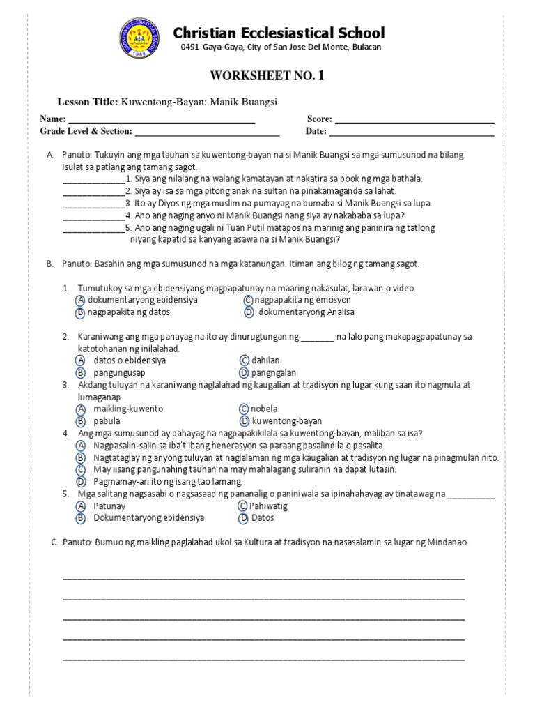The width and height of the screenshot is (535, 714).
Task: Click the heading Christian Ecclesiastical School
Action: pos(279,33)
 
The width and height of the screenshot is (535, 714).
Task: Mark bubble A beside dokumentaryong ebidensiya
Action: pos(81,300)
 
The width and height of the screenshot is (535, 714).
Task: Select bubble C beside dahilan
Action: pos(245,360)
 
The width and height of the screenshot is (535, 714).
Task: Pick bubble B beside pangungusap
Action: pos(81,373)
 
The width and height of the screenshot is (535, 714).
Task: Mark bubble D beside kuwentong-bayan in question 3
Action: pos(245,421)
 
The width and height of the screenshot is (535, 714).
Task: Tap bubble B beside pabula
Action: pos(81,421)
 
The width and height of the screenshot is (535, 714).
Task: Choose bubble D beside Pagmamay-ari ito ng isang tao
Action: pos(81,481)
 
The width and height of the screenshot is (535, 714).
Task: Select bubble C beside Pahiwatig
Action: pos(243,506)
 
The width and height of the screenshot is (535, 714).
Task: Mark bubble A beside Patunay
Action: pos(81,506)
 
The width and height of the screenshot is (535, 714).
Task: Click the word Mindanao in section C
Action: pos(449,542)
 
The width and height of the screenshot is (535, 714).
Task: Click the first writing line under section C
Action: pos(263,578)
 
